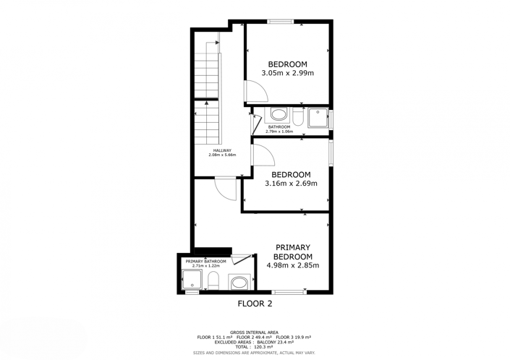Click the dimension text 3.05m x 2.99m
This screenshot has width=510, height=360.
[x=287, y=73]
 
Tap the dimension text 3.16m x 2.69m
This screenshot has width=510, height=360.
[x=291, y=184]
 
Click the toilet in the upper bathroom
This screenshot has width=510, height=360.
[x=297, y=116]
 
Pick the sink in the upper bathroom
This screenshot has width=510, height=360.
[x=278, y=115]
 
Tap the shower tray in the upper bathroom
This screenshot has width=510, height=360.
[x=318, y=117]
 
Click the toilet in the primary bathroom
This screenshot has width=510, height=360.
[x=213, y=280]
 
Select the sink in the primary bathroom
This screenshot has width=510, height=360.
[x=239, y=281]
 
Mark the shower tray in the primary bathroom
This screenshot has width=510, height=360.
[x=191, y=279]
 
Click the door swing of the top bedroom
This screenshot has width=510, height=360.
[x=255, y=91]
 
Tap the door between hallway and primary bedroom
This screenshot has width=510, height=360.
[x=225, y=188]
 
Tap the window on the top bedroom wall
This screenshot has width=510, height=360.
[x=281, y=22]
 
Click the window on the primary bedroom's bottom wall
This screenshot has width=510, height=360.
[x=289, y=291]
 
